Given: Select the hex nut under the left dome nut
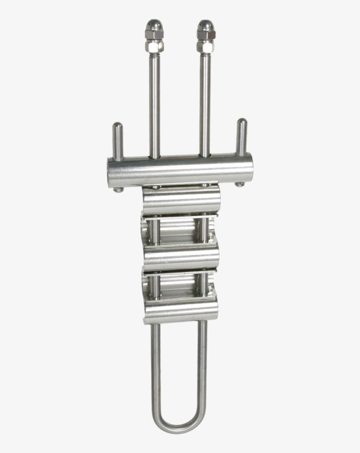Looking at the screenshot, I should [x=154, y=45].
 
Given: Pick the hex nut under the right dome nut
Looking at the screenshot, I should [x=205, y=45].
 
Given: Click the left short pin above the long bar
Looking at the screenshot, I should [x=118, y=141].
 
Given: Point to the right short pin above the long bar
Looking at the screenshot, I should [x=241, y=136].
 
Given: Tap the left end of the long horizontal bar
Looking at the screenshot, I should [x=111, y=173].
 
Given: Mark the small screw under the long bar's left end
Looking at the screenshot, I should [x=118, y=190].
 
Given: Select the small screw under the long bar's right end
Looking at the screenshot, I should [x=239, y=185].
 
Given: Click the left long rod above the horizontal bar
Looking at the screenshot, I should [x=154, y=105].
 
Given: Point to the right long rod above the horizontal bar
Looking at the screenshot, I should [x=205, y=105].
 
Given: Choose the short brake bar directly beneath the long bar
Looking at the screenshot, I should [x=181, y=200].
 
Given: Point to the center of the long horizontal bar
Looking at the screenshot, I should [x=180, y=170].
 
